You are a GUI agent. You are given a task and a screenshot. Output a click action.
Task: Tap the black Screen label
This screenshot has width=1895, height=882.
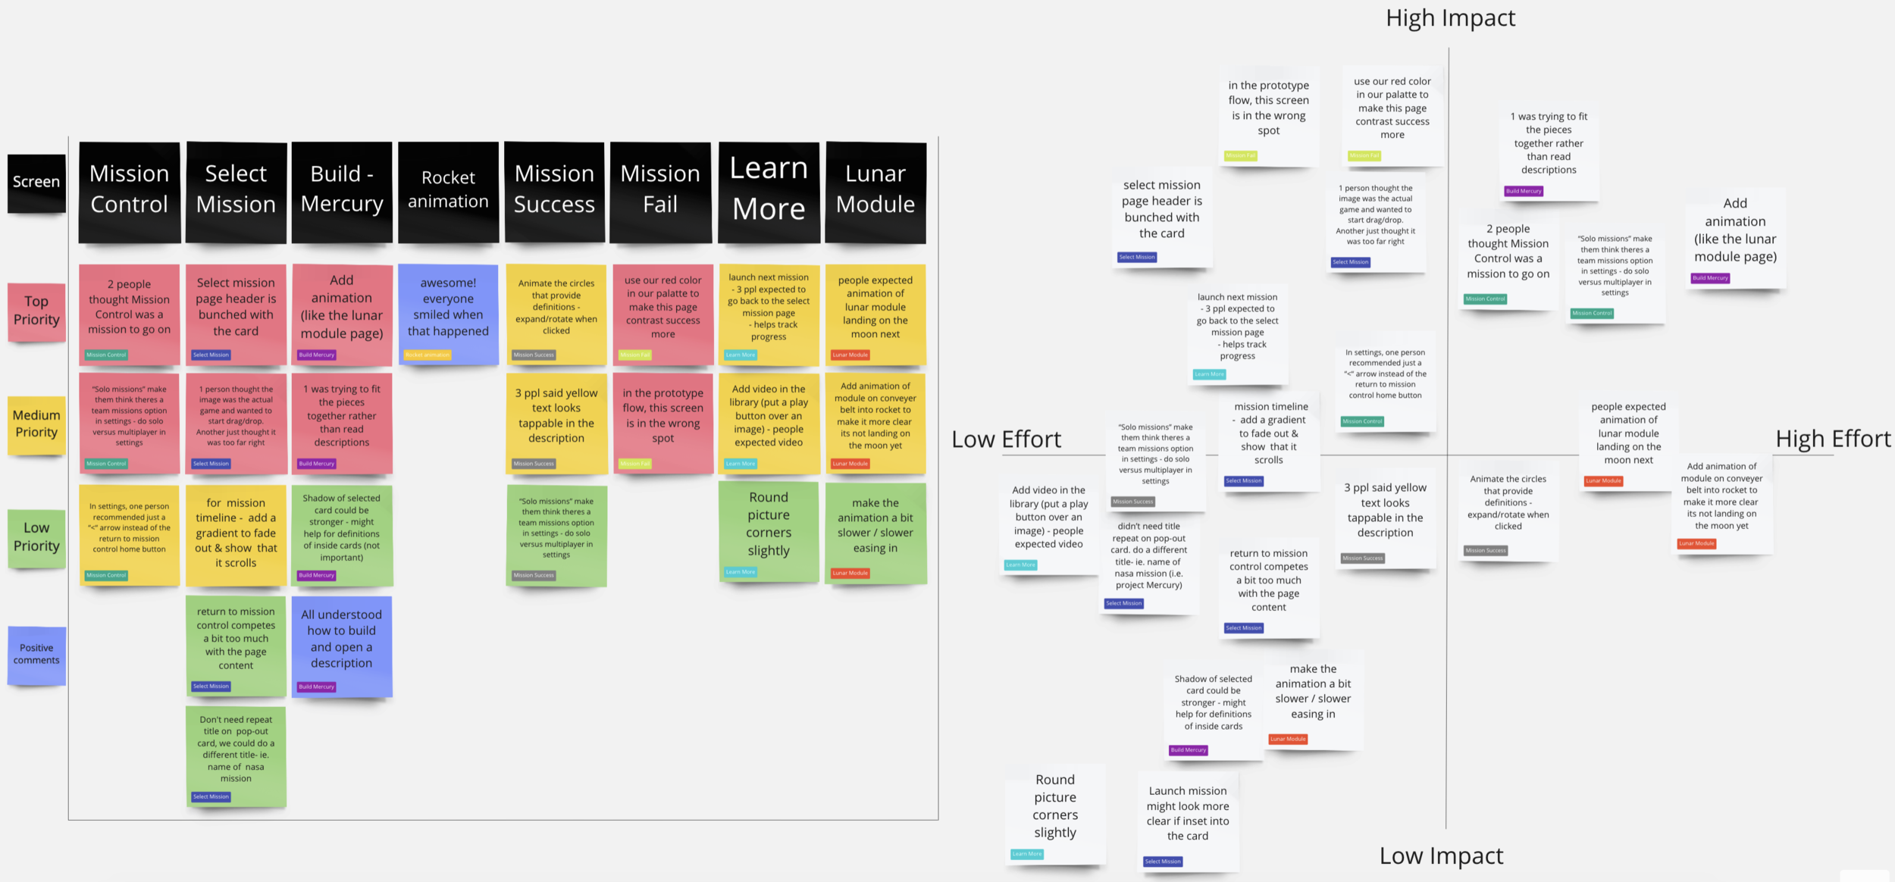pos(36,183)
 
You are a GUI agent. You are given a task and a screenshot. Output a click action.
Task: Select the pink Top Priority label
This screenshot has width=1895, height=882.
pos(36,311)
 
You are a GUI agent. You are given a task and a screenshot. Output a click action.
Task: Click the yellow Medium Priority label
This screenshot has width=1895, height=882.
pos(36,424)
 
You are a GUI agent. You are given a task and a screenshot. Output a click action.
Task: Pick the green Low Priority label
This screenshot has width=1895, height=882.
pos(36,537)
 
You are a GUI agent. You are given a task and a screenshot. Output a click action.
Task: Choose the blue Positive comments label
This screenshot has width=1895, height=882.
pos(36,654)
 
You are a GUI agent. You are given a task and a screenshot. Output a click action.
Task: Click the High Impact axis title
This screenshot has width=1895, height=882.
pos(1450,18)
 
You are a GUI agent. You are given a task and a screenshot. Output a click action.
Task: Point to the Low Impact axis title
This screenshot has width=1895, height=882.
pos(1441,855)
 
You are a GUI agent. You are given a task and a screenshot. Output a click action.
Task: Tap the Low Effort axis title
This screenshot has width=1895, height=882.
pos(1006,439)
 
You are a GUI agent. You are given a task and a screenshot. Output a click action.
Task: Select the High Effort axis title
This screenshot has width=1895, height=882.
pos(1833,439)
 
